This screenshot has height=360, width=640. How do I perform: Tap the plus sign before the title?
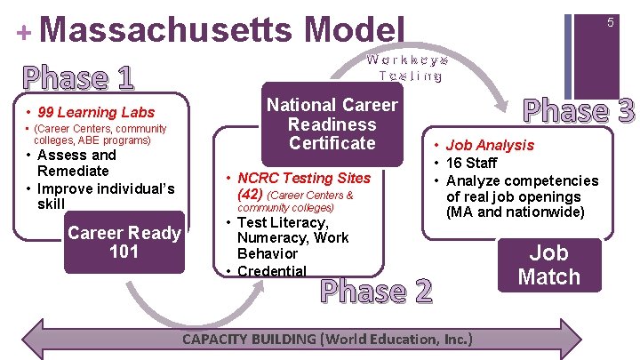23,32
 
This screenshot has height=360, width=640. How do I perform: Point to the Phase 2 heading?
376,291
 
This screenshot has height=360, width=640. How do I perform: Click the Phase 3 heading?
579,110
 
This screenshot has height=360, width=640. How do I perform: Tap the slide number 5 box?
611,23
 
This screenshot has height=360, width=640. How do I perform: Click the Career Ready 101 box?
124,242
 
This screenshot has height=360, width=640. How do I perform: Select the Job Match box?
548,264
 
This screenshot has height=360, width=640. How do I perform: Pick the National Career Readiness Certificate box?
332,124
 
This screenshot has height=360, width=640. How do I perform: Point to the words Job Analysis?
490,145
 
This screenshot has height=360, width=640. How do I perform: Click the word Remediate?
73,171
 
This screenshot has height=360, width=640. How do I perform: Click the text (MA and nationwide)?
516,212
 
